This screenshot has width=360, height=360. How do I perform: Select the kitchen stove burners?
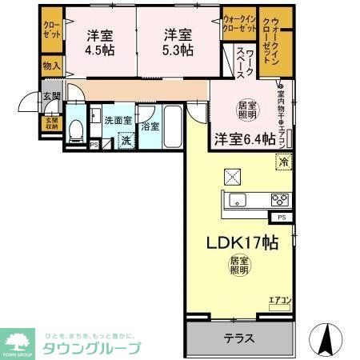(x=278, y=200)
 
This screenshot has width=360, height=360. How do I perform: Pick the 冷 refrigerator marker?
(x=283, y=162)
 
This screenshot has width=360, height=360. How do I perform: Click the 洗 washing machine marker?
(x=125, y=141)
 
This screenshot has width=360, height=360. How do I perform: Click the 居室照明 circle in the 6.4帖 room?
(x=246, y=109)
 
